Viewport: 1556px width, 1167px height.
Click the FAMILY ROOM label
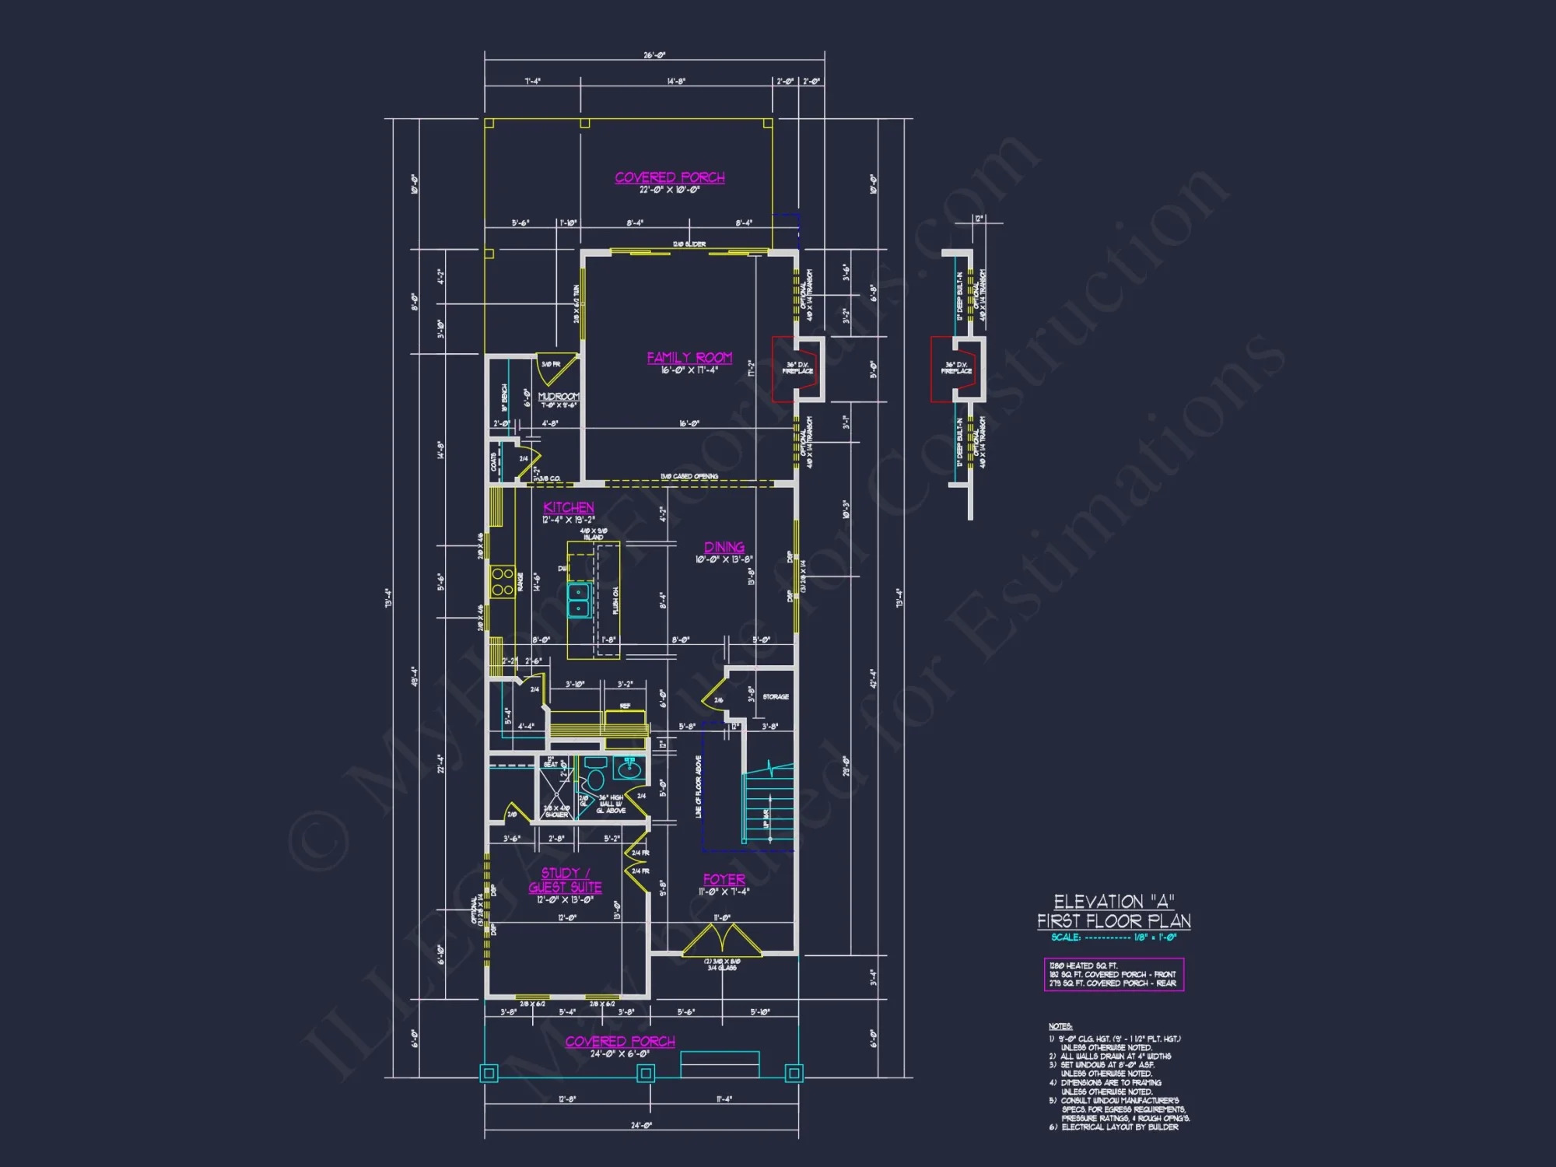[689, 358]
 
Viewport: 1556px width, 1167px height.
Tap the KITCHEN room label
[569, 507]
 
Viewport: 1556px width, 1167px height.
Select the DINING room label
[724, 548]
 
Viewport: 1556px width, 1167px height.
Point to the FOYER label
[724, 879]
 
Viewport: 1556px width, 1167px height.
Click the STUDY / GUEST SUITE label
[566, 880]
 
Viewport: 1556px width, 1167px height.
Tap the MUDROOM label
[559, 397]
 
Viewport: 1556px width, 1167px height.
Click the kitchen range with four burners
[503, 582]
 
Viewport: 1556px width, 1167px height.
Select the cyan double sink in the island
[579, 600]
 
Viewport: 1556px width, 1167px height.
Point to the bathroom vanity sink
[629, 769]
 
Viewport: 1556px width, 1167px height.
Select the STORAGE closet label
[776, 697]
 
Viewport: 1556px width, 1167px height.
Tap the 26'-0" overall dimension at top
[654, 55]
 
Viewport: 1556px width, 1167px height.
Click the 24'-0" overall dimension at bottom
[641, 1125]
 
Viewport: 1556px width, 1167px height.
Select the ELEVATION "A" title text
[1113, 902]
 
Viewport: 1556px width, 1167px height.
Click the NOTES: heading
[1060, 1027]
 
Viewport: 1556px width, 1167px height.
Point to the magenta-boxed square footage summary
[1113, 975]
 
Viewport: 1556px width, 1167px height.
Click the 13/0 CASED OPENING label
[689, 476]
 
